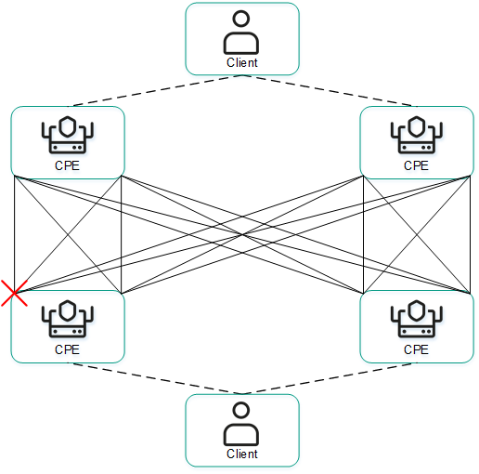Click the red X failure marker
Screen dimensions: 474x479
point(13,293)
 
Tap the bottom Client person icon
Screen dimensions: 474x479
point(242,424)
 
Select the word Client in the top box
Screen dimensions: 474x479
point(242,63)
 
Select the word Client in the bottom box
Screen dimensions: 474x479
point(242,454)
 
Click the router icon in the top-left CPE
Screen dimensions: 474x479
point(68,137)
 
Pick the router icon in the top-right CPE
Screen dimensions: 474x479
point(416,137)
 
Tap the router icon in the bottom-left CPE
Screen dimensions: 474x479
point(68,321)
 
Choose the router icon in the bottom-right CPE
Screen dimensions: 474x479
point(416,321)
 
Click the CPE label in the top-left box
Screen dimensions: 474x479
point(68,166)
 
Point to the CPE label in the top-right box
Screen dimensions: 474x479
point(416,166)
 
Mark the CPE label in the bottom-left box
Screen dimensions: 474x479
point(68,350)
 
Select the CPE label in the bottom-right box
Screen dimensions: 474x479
point(416,350)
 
